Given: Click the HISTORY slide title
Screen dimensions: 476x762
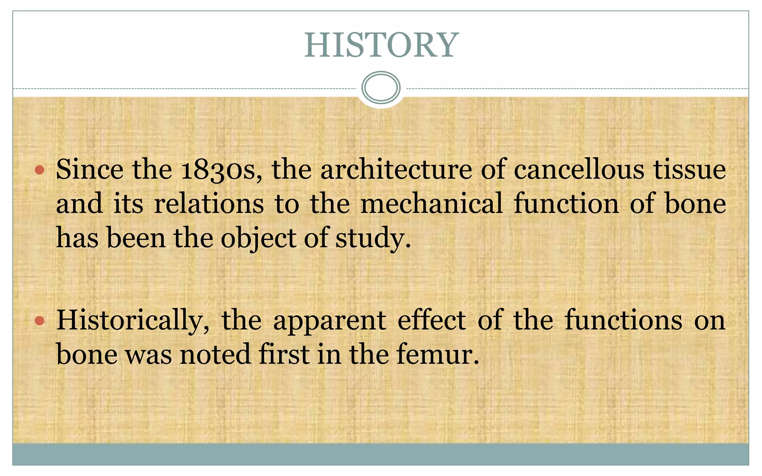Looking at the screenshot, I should (381, 45).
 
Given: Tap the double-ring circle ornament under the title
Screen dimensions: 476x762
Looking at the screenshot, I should (381, 88).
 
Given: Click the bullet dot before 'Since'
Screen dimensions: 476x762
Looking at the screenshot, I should (39, 171).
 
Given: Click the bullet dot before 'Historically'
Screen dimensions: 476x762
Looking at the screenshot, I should (39, 321).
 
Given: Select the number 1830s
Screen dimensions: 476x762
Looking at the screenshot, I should (221, 170).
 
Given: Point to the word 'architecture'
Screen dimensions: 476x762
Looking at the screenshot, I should (396, 170).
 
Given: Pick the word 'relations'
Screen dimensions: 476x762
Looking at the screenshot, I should (209, 204).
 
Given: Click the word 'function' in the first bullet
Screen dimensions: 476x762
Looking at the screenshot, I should (566, 204).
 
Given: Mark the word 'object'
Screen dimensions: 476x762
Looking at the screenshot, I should (258, 238).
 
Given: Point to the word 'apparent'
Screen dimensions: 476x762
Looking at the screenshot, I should (329, 321).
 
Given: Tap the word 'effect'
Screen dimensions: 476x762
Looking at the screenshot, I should (432, 321).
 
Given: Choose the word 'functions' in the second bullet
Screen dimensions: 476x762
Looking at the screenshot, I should (624, 321).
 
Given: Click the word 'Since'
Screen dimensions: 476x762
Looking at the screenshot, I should (90, 170).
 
